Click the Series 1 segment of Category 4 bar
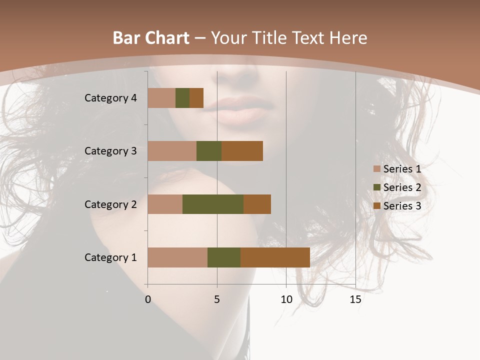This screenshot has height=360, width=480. point(161,98)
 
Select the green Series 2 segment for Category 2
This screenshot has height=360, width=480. point(213,204)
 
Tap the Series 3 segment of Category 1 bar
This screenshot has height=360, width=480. point(275,257)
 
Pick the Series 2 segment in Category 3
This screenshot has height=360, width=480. point(209,151)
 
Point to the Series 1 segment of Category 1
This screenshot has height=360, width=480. point(177,257)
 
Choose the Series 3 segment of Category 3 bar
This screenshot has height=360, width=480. point(242,151)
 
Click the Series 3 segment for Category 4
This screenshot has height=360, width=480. point(196,98)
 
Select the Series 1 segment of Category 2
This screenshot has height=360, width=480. point(165,204)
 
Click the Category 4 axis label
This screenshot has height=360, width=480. point(110,98)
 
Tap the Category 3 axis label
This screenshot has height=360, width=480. point(110,151)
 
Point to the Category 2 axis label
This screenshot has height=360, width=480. point(110,204)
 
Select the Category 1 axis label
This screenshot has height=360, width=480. point(110,257)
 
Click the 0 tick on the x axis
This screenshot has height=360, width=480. point(148,299)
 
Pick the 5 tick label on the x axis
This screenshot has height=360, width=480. point(217,299)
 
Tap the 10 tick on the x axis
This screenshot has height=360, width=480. point(286,299)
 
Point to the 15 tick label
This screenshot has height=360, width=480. point(355,299)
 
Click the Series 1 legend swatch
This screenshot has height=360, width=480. point(376,169)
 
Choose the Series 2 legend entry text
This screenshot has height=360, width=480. point(402,187)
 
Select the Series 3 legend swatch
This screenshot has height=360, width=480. point(376,206)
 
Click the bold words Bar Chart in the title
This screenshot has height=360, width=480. point(151,37)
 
